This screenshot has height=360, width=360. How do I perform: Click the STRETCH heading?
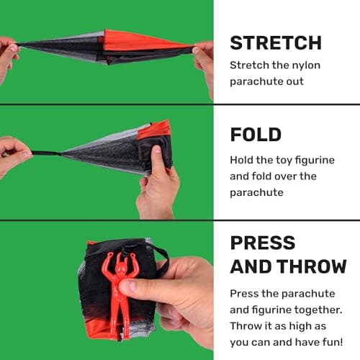(276, 43)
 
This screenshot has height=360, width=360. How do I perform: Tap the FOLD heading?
(256, 135)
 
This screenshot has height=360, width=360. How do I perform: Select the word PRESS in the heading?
(263, 243)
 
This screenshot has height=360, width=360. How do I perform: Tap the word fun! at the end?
(333, 342)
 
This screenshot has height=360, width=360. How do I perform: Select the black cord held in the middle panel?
(45, 153)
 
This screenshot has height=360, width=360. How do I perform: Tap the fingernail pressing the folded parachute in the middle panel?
(157, 149)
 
